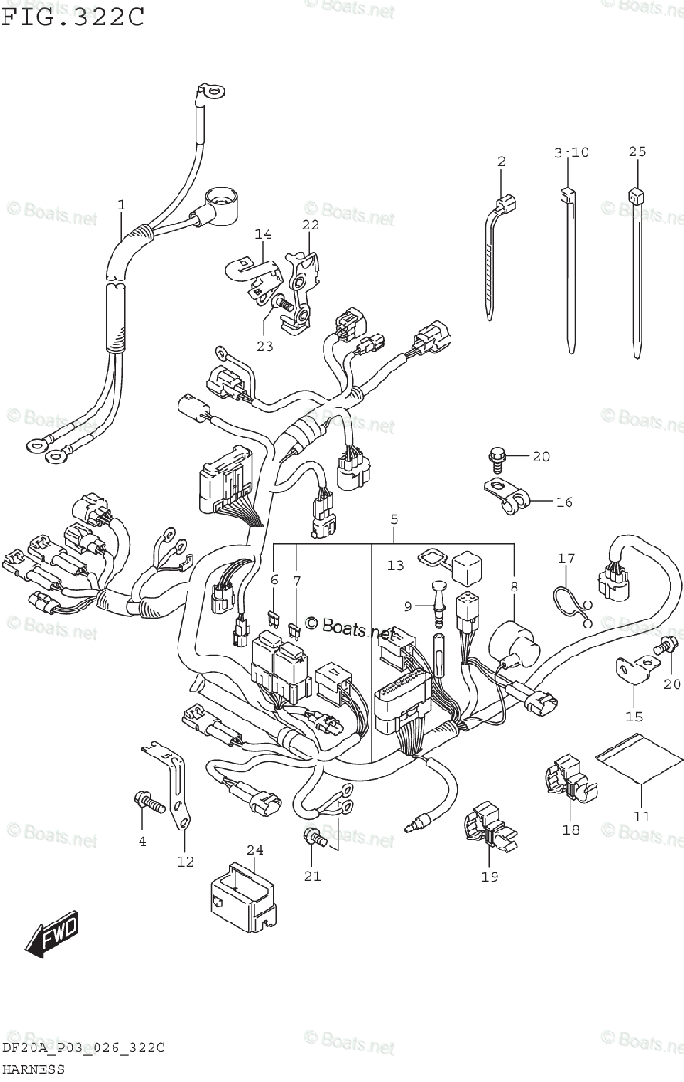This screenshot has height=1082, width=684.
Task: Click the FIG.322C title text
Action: click(x=72, y=17)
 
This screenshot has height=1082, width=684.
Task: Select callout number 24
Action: click(x=255, y=849)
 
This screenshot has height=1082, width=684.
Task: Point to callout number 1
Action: click(x=121, y=206)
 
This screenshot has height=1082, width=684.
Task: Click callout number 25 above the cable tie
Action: click(x=637, y=151)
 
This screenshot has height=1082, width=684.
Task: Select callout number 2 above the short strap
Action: click(x=502, y=161)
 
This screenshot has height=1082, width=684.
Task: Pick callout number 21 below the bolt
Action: click(x=312, y=875)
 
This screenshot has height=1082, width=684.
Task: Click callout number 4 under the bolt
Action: click(x=141, y=841)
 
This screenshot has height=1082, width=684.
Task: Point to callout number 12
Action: click(x=184, y=862)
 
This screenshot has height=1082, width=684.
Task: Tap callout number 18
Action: click(x=570, y=830)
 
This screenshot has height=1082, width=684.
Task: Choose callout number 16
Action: click(x=563, y=501)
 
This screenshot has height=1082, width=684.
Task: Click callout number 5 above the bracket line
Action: click(x=394, y=519)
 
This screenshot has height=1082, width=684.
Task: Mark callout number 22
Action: click(x=310, y=225)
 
